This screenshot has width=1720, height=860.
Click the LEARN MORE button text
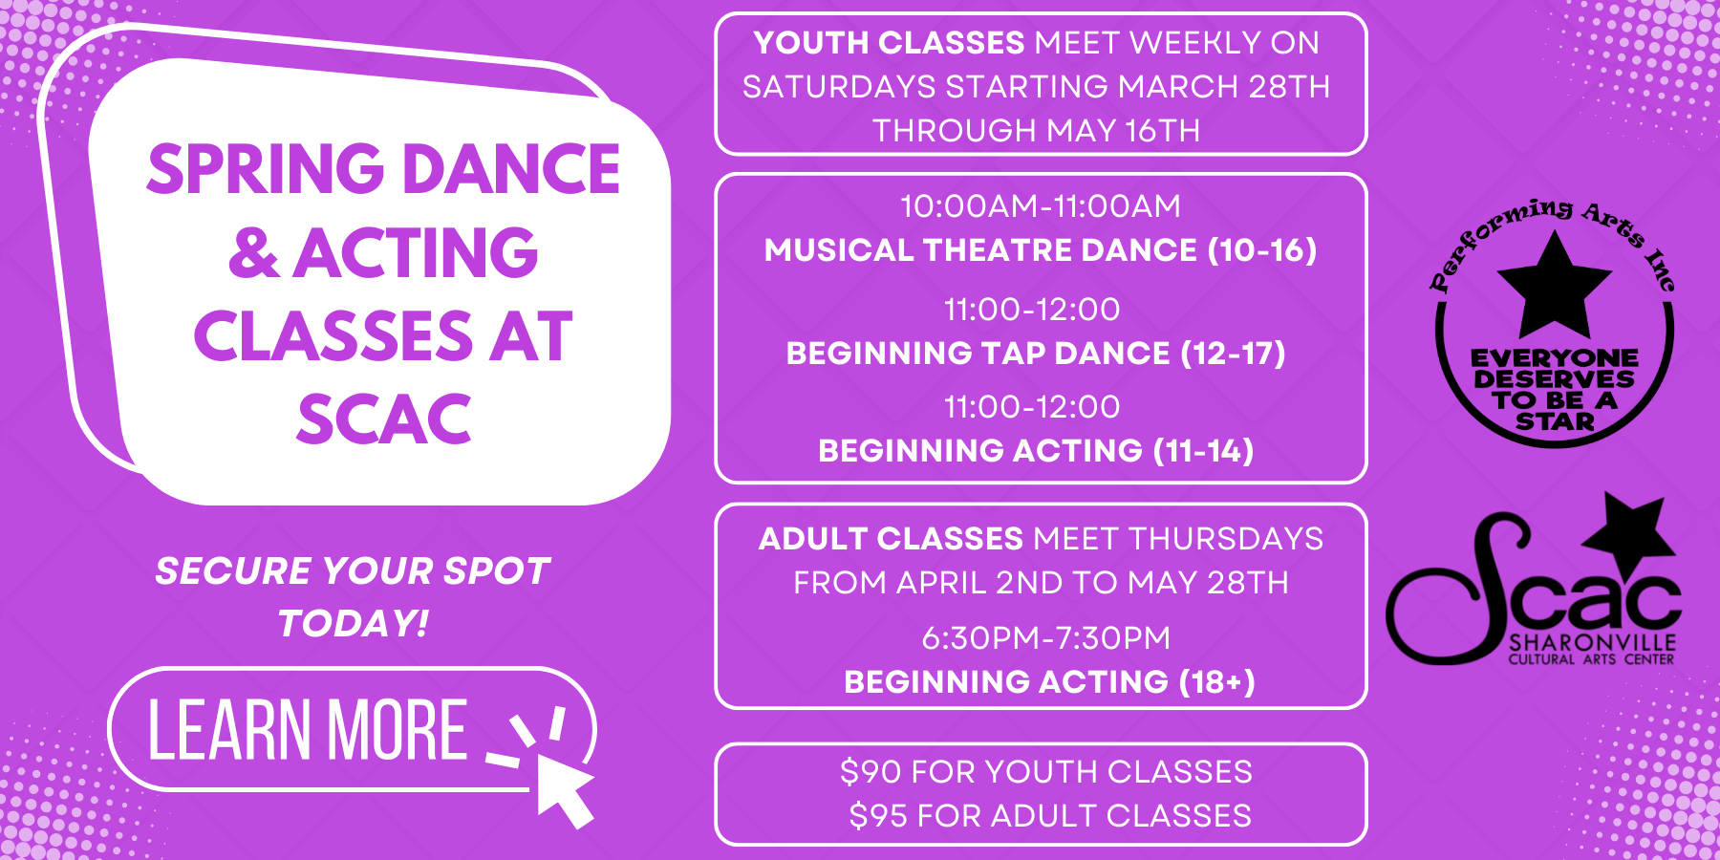pyautogui.click(x=308, y=730)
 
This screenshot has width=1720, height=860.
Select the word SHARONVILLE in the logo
pyautogui.click(x=1592, y=642)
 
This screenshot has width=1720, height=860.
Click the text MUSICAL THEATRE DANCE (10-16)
pyautogui.click(x=1041, y=250)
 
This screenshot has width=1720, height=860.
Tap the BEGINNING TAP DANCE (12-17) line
pyautogui.click(x=1036, y=354)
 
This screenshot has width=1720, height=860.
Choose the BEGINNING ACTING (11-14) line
pyautogui.click(x=1036, y=451)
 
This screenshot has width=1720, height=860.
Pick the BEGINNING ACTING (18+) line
pyautogui.click(x=1049, y=682)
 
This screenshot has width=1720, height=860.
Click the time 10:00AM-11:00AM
pyautogui.click(x=1041, y=206)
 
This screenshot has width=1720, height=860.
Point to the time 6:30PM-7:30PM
pyautogui.click(x=1045, y=638)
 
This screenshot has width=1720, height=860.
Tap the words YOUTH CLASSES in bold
pyautogui.click(x=889, y=43)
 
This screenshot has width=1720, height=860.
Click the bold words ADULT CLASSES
pyautogui.click(x=891, y=539)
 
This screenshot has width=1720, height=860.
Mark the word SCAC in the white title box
pyautogui.click(x=384, y=419)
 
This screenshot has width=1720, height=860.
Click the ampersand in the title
pyautogui.click(x=254, y=253)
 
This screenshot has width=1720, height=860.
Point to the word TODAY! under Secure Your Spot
pyautogui.click(x=353, y=623)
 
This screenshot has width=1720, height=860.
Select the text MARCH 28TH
pyautogui.click(x=1224, y=87)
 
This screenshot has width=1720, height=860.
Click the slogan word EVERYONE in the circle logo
pyautogui.click(x=1554, y=358)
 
